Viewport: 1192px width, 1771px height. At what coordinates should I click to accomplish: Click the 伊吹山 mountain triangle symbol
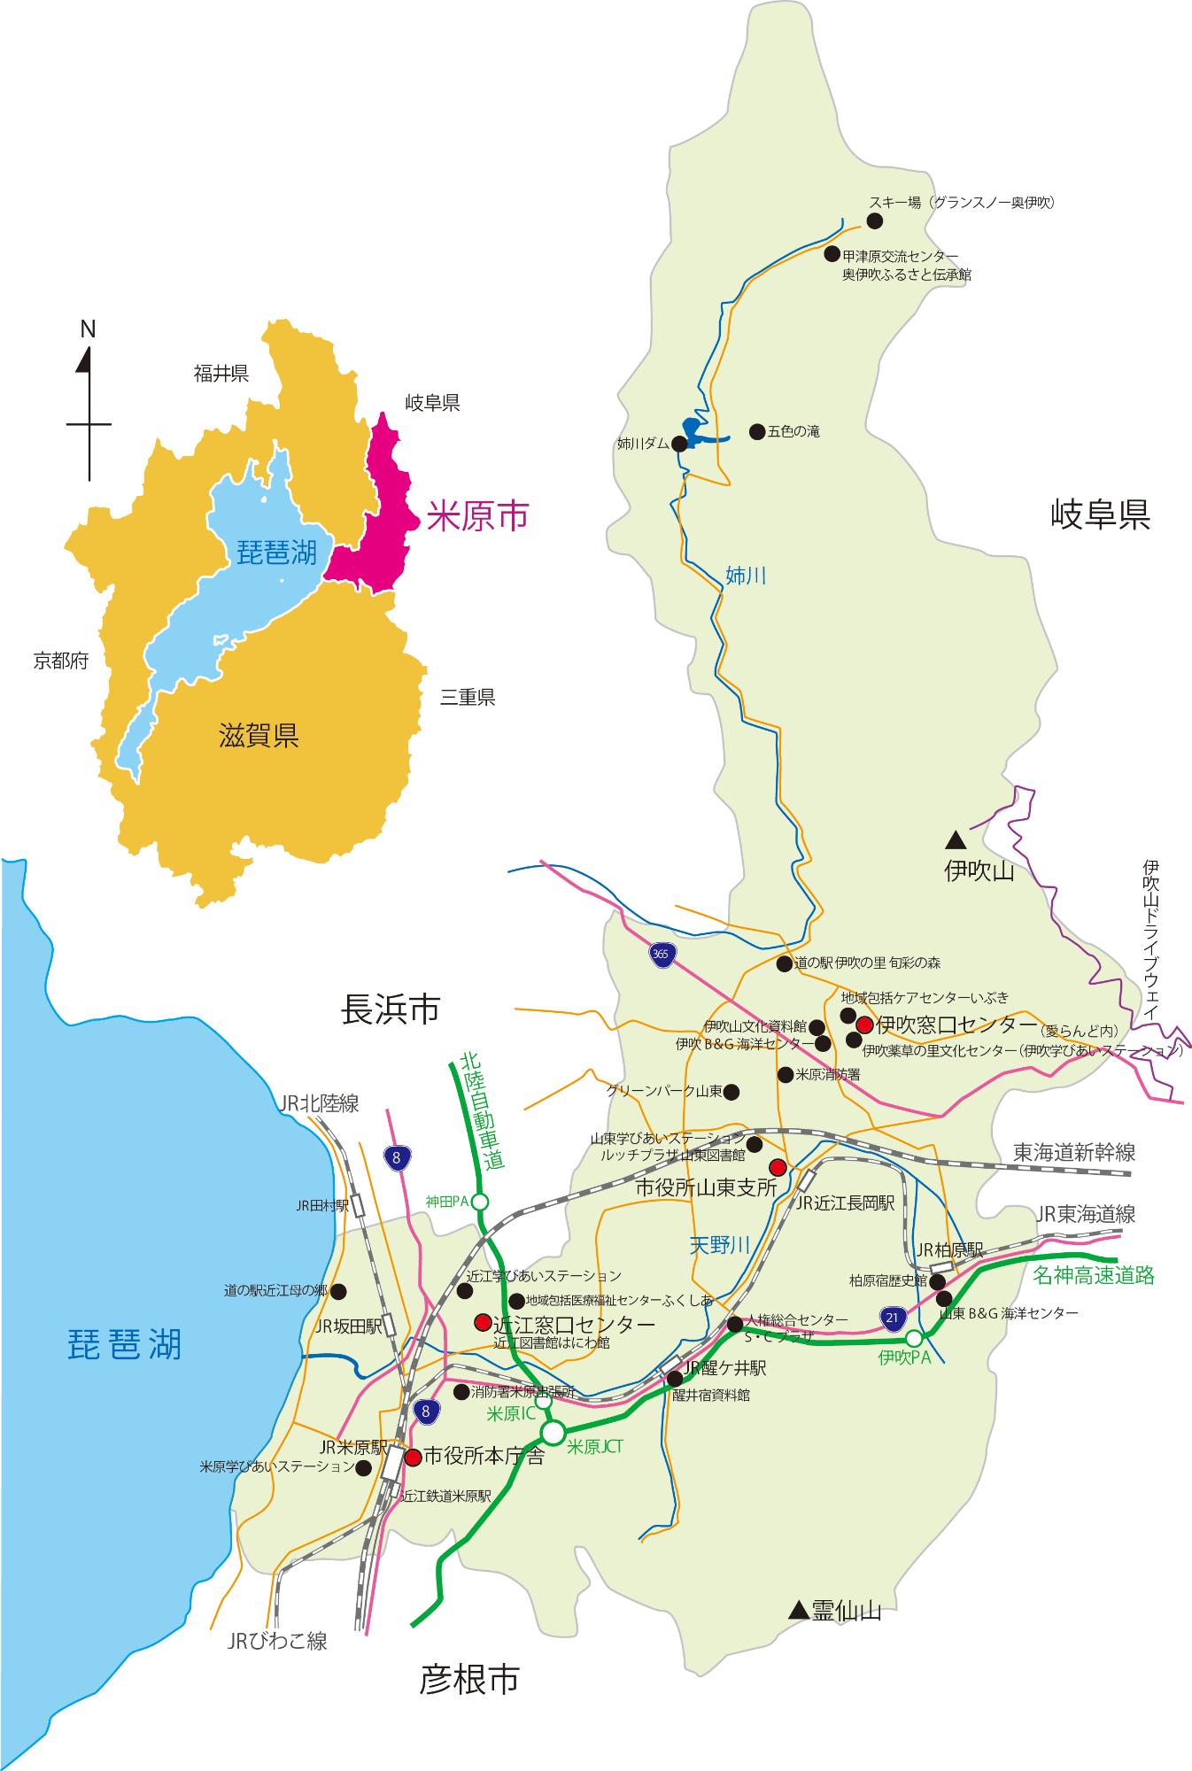coord(955,838)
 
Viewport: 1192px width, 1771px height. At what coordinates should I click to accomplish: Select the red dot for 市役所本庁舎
coord(413,1457)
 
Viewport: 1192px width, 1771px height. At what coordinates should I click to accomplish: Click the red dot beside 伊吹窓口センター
coord(864,1025)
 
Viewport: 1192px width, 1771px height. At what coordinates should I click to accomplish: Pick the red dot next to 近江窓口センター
coord(482,1323)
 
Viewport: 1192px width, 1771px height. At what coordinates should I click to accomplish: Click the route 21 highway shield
coord(893,1319)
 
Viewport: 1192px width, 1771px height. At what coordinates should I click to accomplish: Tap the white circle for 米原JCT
coord(553,1433)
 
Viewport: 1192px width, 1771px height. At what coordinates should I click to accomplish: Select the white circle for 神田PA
coord(480,1202)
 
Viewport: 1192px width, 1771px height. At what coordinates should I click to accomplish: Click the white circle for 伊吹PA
coord(914,1338)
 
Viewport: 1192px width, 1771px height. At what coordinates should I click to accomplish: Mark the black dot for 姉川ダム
coord(679,445)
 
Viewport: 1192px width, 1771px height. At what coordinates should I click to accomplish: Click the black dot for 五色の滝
coord(756,431)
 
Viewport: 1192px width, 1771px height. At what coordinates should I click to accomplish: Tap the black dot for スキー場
coord(874,220)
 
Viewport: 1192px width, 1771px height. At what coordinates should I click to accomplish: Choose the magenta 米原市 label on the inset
coord(477,516)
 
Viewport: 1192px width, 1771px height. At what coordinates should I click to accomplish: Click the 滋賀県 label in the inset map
coord(259,735)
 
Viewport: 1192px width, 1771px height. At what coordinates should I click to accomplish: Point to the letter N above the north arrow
coord(88,329)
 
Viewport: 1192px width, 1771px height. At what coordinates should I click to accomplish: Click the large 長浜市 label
coord(391,1009)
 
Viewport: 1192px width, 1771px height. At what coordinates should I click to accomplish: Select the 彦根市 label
coord(469,1680)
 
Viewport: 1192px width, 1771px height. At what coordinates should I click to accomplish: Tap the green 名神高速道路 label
coord(1094,1276)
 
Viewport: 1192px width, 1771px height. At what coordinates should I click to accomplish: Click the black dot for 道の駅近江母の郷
coord(338,1291)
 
